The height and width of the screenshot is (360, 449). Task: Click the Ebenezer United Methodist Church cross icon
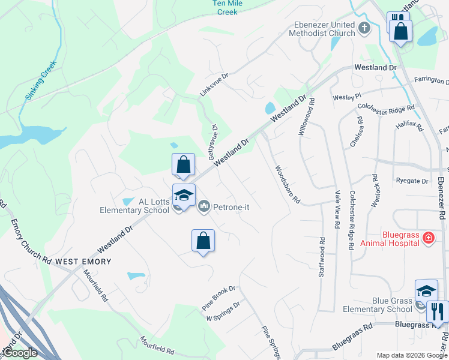click(364, 28)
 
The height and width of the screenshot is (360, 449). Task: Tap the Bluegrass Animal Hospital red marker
click(429, 238)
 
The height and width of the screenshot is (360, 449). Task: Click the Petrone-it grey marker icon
click(204, 207)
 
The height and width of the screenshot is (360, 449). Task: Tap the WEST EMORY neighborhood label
click(83, 262)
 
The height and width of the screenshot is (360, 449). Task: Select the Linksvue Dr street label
click(214, 85)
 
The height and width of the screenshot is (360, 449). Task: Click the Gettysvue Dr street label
click(212, 142)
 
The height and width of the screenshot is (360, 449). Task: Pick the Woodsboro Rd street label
click(287, 185)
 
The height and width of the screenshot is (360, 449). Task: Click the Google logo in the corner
click(20, 353)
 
